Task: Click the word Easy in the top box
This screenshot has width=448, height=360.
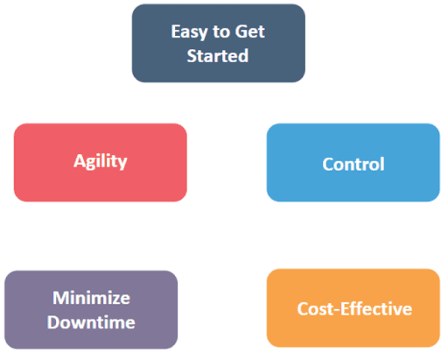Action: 188,33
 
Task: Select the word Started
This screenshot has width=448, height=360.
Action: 218,56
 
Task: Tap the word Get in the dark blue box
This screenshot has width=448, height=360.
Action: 249,33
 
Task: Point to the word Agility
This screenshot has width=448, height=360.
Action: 100,161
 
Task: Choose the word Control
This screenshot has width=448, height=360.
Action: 353,164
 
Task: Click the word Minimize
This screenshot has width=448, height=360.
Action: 91,297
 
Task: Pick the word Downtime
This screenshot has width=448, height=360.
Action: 91,321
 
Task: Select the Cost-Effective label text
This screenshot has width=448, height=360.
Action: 353,309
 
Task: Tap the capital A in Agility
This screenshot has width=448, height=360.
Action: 77,161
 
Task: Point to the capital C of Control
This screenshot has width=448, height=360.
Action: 327,164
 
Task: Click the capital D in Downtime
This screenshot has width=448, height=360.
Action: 53,321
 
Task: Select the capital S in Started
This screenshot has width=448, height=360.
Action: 192,56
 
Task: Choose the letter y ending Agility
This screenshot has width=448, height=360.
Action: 123,163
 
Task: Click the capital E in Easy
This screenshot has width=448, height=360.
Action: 175,33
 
